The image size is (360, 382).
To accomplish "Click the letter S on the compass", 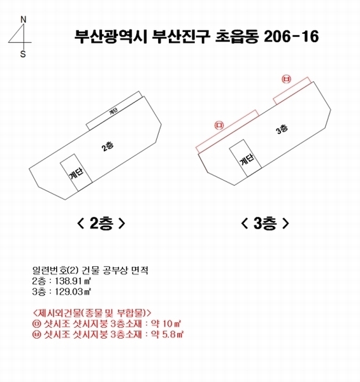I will click(x=23, y=54).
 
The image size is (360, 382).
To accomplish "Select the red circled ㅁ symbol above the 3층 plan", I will click(x=220, y=125).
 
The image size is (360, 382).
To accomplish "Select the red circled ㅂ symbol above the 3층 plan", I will click(x=286, y=79).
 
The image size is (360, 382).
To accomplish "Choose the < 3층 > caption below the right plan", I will click(x=265, y=223).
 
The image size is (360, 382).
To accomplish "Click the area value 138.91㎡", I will click(x=71, y=281).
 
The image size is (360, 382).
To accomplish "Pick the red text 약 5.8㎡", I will click(x=166, y=333).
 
